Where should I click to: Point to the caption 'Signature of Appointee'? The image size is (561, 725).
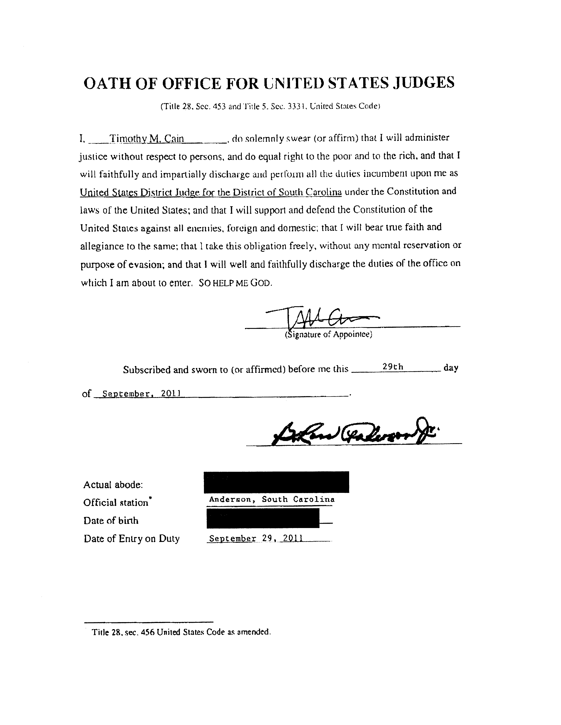(x=328, y=335)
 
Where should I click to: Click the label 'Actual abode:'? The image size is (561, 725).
(x=113, y=485)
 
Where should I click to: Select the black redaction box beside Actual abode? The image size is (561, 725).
(x=276, y=482)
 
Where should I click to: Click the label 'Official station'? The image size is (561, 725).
(x=116, y=503)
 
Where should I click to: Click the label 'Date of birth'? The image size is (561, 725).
(x=111, y=521)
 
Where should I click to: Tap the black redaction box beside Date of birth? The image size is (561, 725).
(x=263, y=518)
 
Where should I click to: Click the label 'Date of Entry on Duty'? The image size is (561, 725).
(x=132, y=538)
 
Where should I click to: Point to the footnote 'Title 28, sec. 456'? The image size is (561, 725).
(x=181, y=632)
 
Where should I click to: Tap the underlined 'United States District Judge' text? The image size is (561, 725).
(x=211, y=192)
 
